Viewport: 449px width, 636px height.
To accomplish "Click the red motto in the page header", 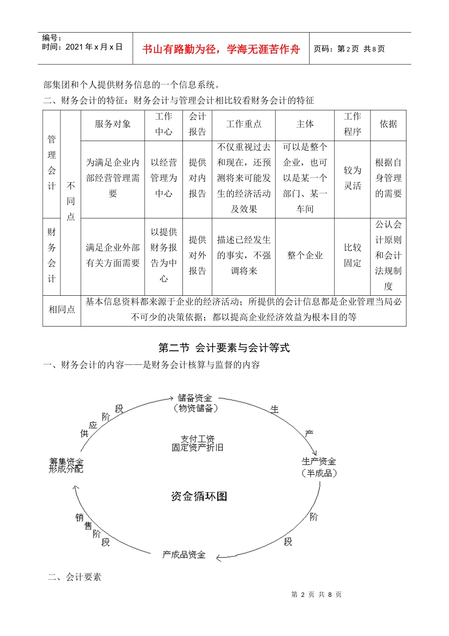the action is pos(221,49).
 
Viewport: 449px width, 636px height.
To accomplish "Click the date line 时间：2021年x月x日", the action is pos(82,47).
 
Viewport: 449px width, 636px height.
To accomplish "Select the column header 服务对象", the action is pos(112,124).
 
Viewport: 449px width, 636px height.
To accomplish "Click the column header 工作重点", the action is pos(243,124).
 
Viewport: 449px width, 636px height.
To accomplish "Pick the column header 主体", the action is pos(305,124).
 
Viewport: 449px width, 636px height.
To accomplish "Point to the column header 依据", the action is pos(388,124).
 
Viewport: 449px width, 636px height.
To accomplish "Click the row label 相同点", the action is pos(61,309).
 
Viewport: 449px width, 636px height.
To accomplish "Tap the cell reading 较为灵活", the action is pos(352,178).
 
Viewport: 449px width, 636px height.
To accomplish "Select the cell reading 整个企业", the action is pos(305,256).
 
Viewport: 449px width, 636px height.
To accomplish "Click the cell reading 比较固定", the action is pos(352,255).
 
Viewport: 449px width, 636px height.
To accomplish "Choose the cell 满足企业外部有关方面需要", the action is pos(112,255).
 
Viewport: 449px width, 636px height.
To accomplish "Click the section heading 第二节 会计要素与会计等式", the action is pos(224,348).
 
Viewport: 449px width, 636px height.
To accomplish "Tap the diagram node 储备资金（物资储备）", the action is pos(195,403).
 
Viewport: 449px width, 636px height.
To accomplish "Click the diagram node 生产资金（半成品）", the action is pos(319,467).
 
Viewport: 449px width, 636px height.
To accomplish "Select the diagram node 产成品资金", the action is pos(184,555).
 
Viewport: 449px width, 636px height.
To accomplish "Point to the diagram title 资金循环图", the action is pos(199,496).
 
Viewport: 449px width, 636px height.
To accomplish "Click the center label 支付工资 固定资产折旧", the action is pos(198,443).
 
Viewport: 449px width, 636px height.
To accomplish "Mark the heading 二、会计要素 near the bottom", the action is pos(75,577).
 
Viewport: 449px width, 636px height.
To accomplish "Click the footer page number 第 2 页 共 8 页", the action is pos(316,594).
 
